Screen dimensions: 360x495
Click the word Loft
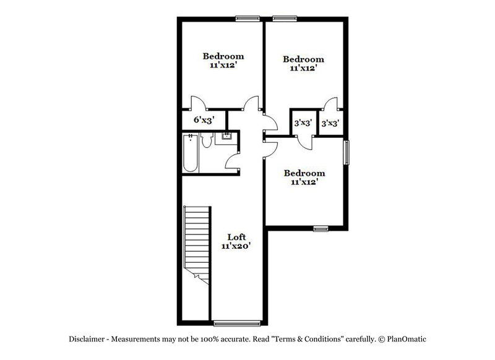point(236,237)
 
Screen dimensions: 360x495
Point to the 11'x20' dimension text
point(236,246)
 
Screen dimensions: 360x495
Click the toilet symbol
point(207,142)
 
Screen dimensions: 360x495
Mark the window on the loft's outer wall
point(236,322)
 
